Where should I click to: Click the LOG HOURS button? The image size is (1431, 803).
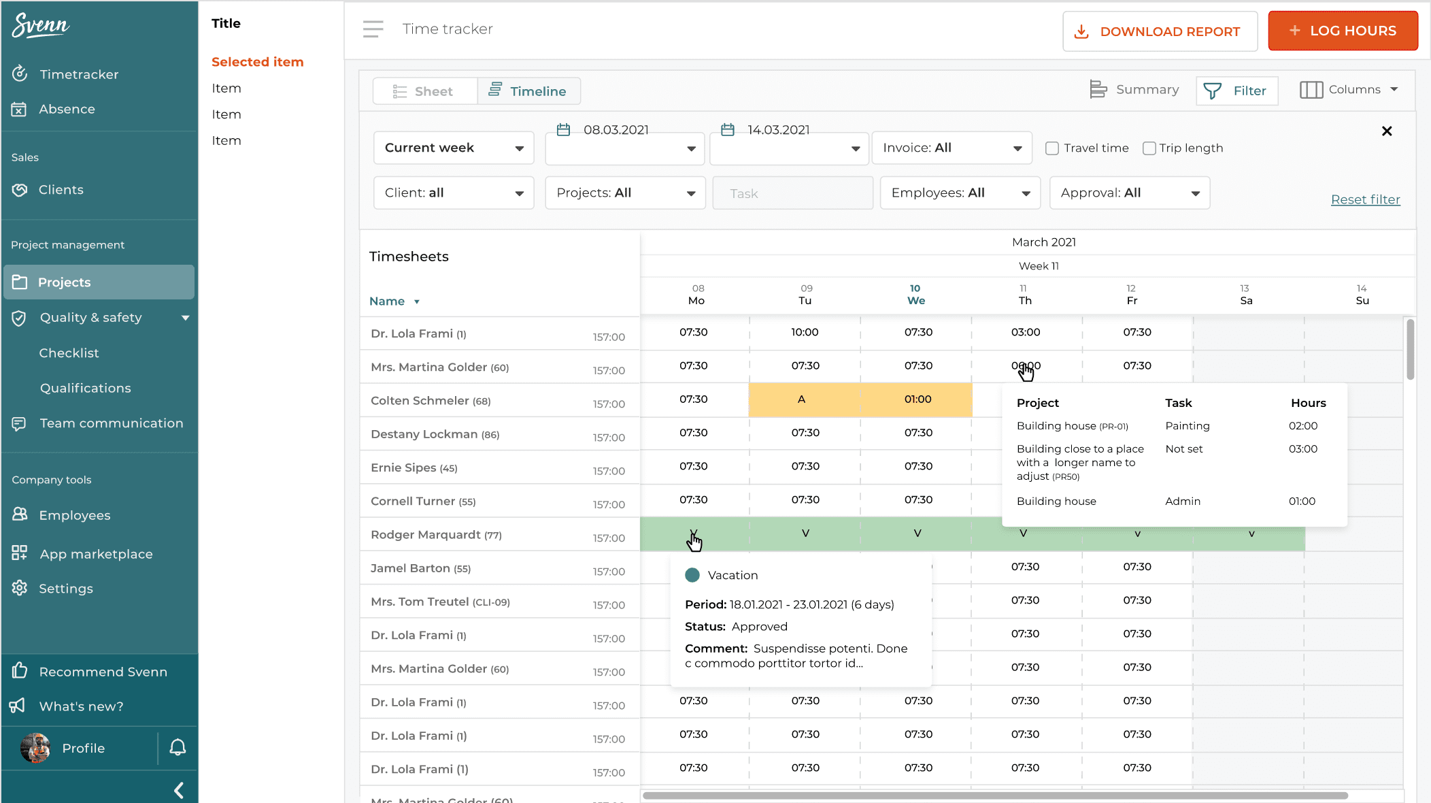[x=1342, y=31]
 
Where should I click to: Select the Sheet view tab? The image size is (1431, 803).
[x=424, y=91]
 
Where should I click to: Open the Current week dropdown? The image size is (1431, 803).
[x=453, y=148]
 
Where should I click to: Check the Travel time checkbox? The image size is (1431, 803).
[x=1052, y=148]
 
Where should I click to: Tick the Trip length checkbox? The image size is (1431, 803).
[x=1149, y=148]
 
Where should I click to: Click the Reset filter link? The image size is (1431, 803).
[x=1365, y=199]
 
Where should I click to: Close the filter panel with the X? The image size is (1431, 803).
[x=1387, y=131]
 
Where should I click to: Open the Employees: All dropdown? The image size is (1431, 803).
[x=960, y=193]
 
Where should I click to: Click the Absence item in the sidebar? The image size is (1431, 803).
[x=67, y=109]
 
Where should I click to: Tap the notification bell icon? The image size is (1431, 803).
[x=178, y=747]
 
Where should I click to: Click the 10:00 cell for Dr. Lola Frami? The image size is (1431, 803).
[x=805, y=332]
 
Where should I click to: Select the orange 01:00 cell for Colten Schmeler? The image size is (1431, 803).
[x=917, y=399]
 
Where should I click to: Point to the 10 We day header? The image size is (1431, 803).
[x=915, y=295]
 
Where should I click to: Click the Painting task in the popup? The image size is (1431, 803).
[x=1187, y=426]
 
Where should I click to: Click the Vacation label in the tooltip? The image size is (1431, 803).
[x=732, y=575]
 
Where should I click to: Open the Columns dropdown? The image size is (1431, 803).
[x=1349, y=90]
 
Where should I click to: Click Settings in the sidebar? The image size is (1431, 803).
[x=65, y=589]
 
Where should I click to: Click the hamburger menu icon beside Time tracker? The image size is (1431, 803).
[x=373, y=29]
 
